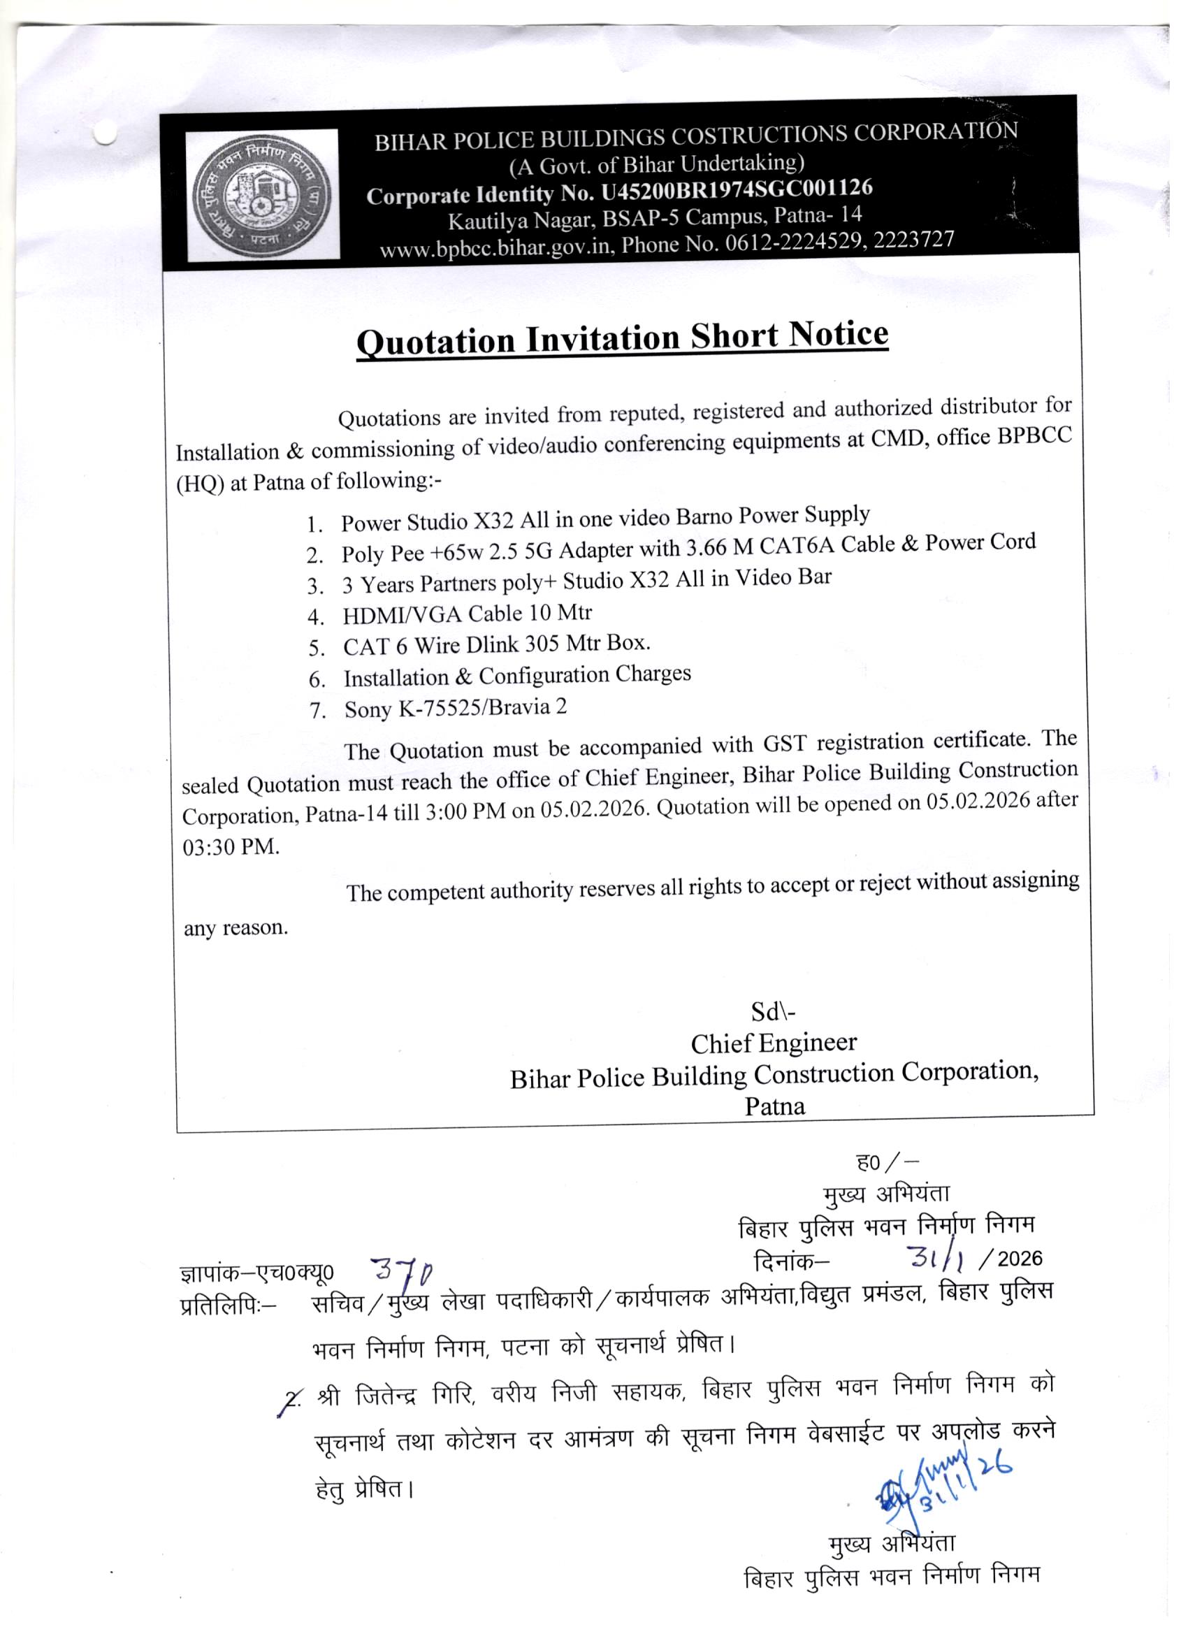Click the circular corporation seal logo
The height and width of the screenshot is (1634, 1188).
pyautogui.click(x=262, y=194)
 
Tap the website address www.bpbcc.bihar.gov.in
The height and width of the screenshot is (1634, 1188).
pyautogui.click(x=496, y=247)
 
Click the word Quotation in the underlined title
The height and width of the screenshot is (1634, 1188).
pyautogui.click(x=436, y=341)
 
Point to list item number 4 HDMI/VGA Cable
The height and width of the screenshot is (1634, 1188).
pyautogui.click(x=467, y=614)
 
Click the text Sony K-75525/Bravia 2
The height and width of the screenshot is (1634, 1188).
pyautogui.click(x=456, y=707)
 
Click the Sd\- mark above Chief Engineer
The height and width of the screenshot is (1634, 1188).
pyautogui.click(x=772, y=1012)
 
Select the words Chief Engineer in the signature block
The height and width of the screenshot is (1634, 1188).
pyautogui.click(x=773, y=1043)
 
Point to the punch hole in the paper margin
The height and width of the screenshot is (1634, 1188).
pyautogui.click(x=106, y=133)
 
